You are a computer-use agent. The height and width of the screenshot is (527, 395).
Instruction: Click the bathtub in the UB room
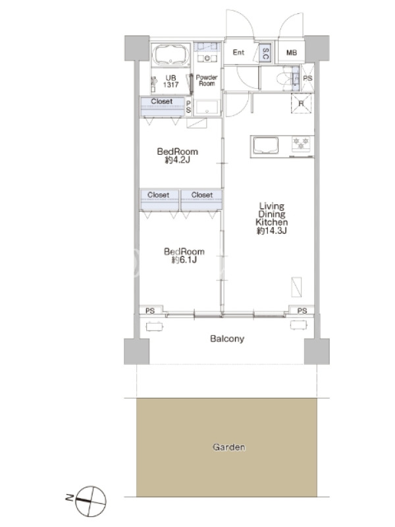171,55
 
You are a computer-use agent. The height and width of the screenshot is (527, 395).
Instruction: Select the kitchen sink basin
266,145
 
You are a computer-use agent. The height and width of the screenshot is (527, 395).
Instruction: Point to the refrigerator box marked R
301,103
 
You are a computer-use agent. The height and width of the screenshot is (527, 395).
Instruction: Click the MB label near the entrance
292,53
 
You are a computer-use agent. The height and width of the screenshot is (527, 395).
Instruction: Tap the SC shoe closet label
265,53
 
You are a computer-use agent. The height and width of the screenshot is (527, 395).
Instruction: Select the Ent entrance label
238,52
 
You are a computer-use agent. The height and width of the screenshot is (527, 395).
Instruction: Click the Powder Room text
207,80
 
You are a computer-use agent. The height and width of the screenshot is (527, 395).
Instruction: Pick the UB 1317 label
171,81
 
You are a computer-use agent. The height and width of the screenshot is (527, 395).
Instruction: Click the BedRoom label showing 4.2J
177,155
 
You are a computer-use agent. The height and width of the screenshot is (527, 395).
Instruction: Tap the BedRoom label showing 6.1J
184,256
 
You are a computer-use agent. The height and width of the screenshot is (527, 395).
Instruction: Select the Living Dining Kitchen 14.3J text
272,218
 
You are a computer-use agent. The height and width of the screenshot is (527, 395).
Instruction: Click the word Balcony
227,339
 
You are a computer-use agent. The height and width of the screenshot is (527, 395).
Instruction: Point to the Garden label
228,447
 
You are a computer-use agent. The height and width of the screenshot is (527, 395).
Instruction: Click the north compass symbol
91,501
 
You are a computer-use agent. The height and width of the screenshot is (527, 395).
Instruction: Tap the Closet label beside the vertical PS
161,101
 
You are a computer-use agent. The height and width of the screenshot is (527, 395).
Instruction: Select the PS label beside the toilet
307,78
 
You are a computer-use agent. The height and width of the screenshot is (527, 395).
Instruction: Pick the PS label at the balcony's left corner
150,311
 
